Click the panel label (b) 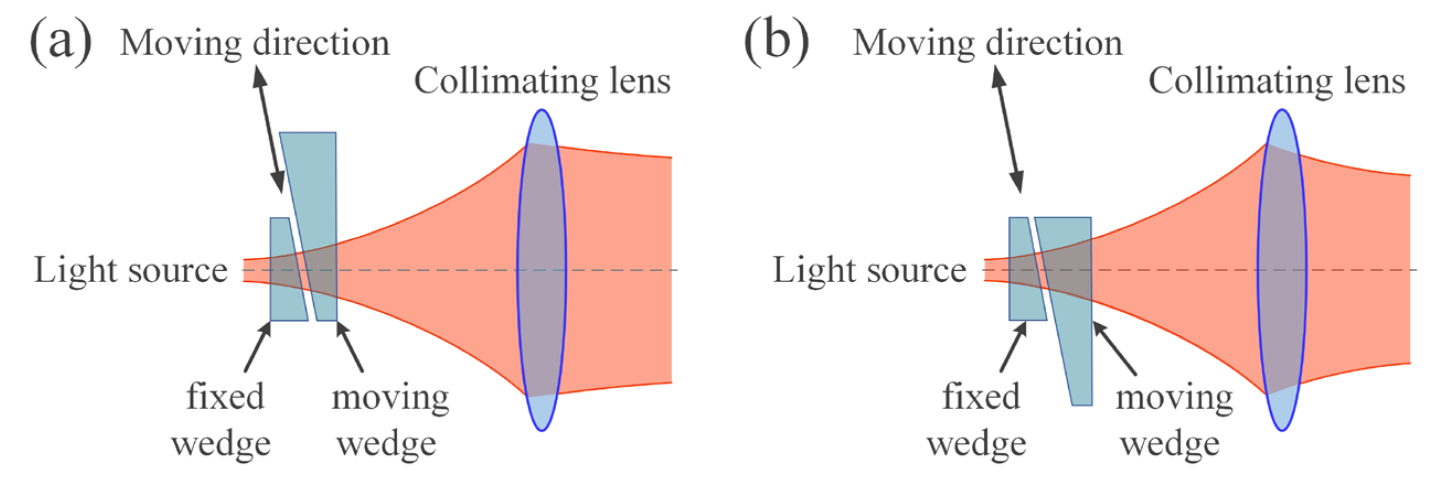(776, 42)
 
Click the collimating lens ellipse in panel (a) (541, 270)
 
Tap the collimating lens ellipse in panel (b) (1282, 270)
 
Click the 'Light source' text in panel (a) (131, 271)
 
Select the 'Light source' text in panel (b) (870, 271)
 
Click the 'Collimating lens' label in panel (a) (542, 81)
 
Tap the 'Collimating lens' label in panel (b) (1277, 81)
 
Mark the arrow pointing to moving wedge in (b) (1114, 348)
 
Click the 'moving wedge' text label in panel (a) (390, 420)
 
